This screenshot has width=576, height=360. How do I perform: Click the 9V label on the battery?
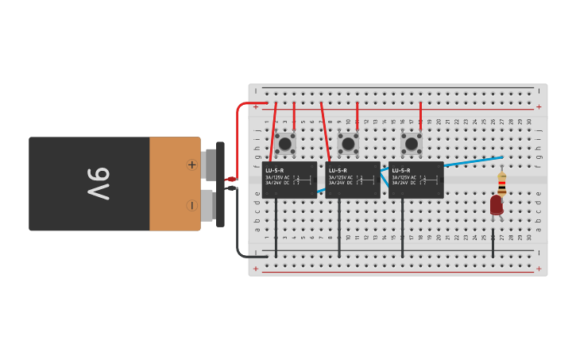(x=98, y=184)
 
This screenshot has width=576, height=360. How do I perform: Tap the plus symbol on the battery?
(x=191, y=165)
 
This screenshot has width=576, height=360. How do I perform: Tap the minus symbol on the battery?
(x=191, y=205)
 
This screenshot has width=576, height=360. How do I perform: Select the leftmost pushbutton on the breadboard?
(x=285, y=143)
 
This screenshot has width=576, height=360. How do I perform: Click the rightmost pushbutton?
(x=412, y=143)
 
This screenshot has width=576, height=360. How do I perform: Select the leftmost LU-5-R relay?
(x=289, y=180)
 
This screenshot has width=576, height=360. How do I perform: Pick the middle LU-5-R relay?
(x=353, y=180)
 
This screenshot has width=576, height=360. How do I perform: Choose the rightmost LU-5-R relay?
(x=416, y=180)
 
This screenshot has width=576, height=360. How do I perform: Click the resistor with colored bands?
(x=501, y=183)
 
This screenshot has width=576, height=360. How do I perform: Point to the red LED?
(x=497, y=204)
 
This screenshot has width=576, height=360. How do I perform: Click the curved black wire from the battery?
(x=239, y=230)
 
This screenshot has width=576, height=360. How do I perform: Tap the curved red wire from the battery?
(x=239, y=127)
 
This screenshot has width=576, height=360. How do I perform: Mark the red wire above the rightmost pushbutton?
(x=420, y=116)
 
